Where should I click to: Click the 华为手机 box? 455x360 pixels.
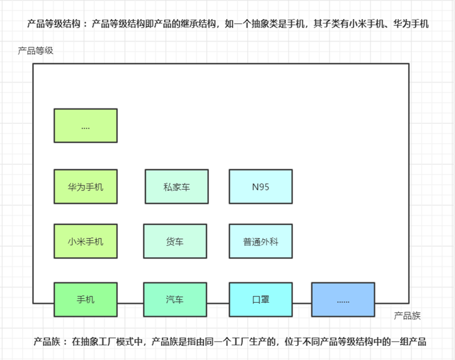coord(85,186)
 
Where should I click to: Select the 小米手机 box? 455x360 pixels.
coord(85,241)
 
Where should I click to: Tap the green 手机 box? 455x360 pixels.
coord(85,300)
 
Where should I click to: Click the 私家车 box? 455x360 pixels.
coord(176,186)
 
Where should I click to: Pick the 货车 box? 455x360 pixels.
coord(174,241)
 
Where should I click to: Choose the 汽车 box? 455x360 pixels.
coord(174,300)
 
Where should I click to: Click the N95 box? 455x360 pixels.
coord(260,186)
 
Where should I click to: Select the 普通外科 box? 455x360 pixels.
coord(260,241)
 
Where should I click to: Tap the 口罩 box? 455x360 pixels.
coord(260,300)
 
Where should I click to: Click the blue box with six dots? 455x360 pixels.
coord(343,300)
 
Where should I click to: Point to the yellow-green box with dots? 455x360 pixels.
coord(85,126)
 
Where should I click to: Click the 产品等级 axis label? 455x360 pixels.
coord(36,51)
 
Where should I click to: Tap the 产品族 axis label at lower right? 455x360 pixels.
coord(407,316)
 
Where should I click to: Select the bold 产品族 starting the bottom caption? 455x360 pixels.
coord(46,342)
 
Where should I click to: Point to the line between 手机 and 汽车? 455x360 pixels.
coord(130,303)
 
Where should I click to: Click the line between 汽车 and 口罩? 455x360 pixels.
coord(218,303)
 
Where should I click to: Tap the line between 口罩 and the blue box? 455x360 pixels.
coord(301,303)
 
